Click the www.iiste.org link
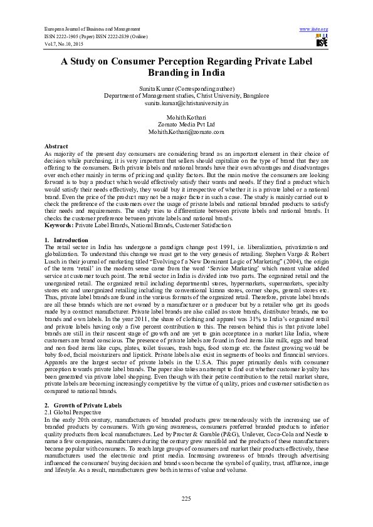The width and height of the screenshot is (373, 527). tap(314, 29)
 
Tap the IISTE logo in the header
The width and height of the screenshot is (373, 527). tap(322, 41)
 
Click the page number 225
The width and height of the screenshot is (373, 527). tap(186, 498)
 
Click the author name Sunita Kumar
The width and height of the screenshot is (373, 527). tap(186, 90)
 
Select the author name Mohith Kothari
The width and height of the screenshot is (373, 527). tap(186, 118)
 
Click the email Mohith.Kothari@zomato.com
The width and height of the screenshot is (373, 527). tap(186, 132)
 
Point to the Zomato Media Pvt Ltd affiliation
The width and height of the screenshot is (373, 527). tap(186, 125)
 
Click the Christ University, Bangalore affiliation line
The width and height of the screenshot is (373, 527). tap(186, 96)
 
